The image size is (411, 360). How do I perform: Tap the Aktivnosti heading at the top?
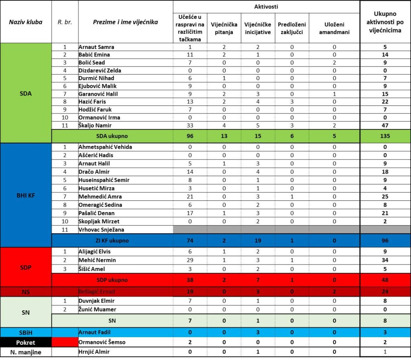point(266,7)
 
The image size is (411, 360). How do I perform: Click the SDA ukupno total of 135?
point(385,136)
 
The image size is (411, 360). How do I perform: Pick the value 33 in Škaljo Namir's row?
point(190,125)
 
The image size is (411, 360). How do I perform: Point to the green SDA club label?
point(26,93)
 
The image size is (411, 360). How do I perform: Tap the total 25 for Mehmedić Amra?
point(385,196)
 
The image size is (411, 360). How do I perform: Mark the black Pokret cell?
point(26,342)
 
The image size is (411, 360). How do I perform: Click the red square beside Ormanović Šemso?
point(65,342)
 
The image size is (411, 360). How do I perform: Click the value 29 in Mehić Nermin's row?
point(190,260)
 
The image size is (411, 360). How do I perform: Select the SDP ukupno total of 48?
point(385,279)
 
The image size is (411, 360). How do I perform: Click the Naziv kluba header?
point(26,22)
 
